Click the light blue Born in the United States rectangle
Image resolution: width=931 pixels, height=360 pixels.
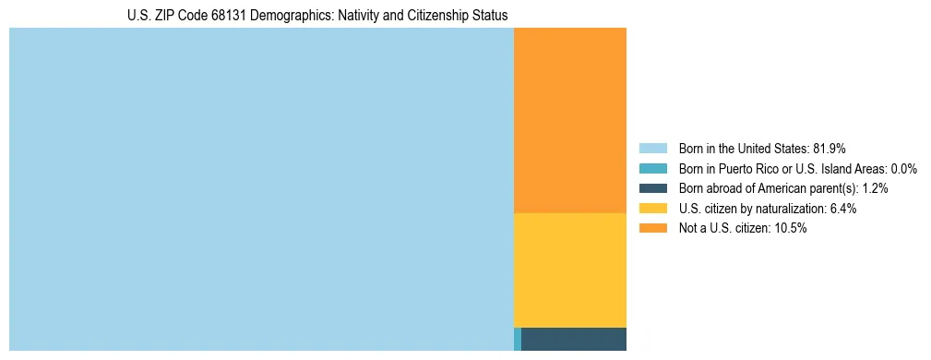[x=261, y=189]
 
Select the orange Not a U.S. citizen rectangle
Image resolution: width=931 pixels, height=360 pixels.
[x=569, y=120]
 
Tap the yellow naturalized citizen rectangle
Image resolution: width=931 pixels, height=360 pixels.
[x=569, y=270]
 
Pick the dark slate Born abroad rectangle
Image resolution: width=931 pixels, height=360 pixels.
[x=574, y=339]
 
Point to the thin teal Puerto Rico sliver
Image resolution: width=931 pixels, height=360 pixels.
[x=518, y=339]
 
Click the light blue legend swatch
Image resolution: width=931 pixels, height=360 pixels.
[x=652, y=149]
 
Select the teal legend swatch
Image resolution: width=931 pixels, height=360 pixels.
[x=652, y=169]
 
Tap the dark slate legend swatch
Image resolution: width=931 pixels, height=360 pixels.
[x=652, y=188]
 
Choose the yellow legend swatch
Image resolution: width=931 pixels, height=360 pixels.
[x=652, y=209]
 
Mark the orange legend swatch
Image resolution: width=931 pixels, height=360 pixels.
[x=652, y=229]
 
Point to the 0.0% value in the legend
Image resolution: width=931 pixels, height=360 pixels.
[x=903, y=169]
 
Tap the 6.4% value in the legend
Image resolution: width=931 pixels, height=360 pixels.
[x=841, y=209]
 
